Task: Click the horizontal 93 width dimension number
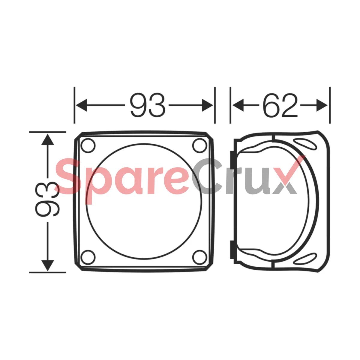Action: coord(148,105)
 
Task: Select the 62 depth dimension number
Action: coord(280,105)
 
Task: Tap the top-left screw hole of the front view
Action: coord(88,145)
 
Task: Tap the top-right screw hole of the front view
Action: coord(200,145)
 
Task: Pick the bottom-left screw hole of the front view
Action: coord(88,257)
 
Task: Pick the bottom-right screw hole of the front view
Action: coord(200,257)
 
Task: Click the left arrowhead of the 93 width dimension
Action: coord(82,105)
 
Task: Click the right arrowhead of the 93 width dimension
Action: coord(208,105)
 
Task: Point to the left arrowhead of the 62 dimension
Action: coord(238,105)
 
